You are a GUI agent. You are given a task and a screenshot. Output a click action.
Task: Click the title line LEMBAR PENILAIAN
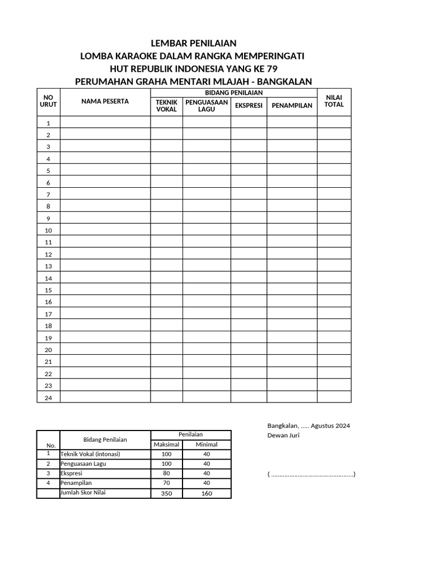pos(194,43)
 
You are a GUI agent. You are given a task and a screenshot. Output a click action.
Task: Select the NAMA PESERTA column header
pos(105,101)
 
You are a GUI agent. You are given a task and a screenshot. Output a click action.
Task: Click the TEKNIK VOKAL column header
pos(166,105)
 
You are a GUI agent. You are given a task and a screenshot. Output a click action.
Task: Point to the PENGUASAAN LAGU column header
pos(207,105)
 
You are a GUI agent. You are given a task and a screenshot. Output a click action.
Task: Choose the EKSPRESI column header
pos(249,105)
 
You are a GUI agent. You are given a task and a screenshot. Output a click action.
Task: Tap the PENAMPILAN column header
pos(292,105)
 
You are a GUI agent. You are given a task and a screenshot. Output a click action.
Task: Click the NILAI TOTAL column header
pos(334,101)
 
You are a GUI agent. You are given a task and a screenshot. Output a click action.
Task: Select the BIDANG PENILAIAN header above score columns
pos(233,92)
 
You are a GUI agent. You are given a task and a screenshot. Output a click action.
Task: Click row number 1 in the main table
pos(49,123)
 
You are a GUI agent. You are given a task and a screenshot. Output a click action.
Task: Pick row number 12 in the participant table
pos(49,254)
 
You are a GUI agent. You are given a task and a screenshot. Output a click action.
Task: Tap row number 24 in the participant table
pos(49,398)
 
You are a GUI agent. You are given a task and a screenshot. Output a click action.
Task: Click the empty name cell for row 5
pos(105,170)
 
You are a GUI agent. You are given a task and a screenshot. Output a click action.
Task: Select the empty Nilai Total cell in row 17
pos(334,314)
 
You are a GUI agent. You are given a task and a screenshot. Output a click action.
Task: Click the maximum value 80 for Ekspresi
pos(166,474)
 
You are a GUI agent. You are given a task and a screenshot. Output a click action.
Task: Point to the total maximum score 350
pos(166,493)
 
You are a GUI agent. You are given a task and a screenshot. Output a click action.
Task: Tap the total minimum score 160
pos(207,493)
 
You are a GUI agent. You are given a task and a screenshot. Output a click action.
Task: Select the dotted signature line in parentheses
pos(311,475)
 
